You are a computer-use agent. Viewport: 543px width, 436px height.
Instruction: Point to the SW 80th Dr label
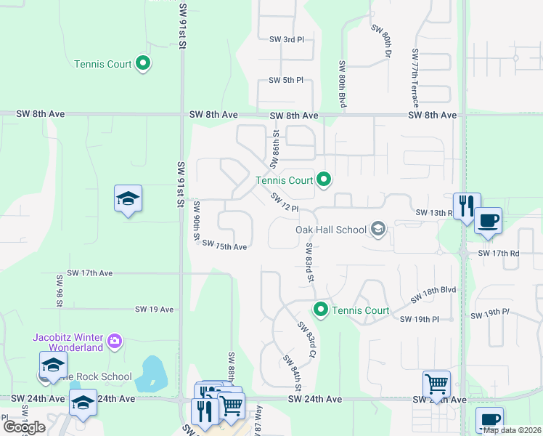click(x=382, y=41)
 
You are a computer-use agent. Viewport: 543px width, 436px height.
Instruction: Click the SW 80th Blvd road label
click(x=341, y=85)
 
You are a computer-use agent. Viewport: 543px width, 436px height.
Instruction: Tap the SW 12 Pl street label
click(x=285, y=203)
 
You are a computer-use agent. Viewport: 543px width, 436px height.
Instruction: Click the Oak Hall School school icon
click(x=377, y=230)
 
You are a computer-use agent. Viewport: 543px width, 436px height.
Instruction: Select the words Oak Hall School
click(x=330, y=230)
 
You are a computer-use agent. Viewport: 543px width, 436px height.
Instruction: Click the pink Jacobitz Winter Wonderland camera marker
click(x=115, y=340)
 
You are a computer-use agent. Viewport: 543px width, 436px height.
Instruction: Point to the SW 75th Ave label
click(x=224, y=246)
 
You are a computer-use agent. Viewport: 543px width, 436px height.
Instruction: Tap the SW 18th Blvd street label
click(x=433, y=294)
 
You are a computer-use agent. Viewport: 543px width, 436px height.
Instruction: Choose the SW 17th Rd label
click(x=499, y=254)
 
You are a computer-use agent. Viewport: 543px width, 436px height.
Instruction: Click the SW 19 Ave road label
click(x=154, y=310)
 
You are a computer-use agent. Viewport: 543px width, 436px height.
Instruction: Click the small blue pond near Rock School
click(x=153, y=372)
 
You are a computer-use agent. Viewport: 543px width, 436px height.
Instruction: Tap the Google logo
click(x=24, y=427)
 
